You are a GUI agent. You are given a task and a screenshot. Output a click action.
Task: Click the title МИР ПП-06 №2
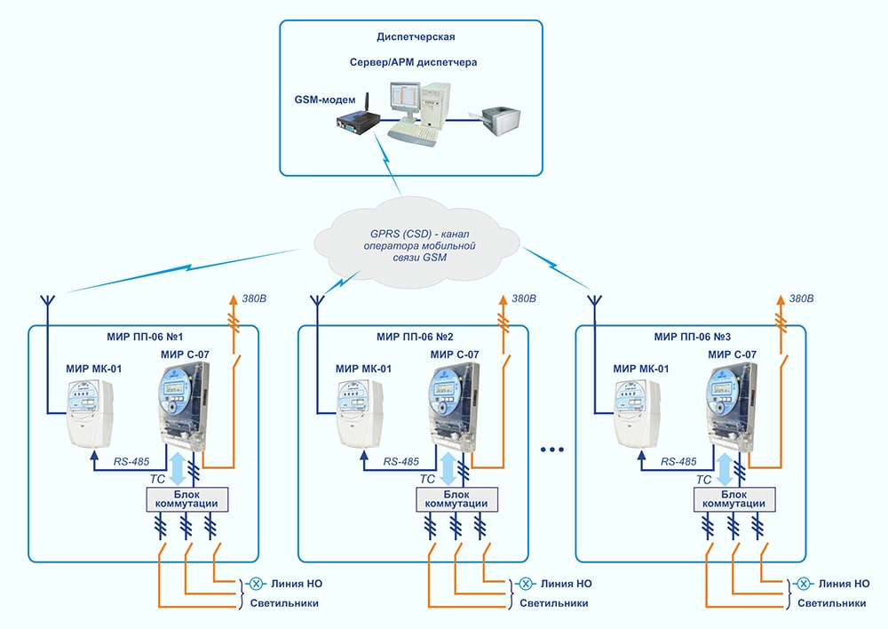(x=414, y=338)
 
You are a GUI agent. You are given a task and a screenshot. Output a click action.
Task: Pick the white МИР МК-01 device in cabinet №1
(x=92, y=413)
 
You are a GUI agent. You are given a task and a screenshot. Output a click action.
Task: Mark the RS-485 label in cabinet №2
(x=401, y=462)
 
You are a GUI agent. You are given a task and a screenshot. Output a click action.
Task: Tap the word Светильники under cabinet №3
(x=832, y=603)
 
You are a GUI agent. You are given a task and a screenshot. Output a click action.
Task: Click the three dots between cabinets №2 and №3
(x=551, y=450)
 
